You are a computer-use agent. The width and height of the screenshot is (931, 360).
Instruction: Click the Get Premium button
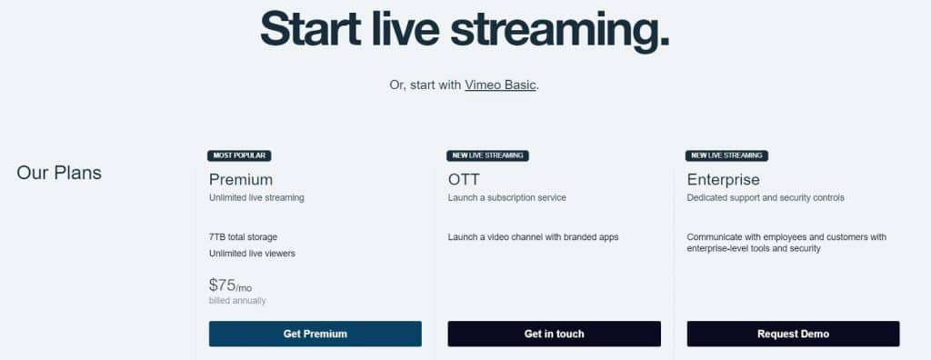315,334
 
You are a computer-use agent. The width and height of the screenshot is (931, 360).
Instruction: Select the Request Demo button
793,334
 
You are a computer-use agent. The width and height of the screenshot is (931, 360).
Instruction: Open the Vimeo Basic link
500,85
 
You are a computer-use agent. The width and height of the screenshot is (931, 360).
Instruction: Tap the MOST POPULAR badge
239,155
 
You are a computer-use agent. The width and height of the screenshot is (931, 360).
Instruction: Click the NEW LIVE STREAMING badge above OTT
487,155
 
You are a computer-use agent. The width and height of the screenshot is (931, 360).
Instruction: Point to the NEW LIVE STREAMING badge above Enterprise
726,155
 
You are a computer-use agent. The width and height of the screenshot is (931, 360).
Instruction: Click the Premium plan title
241,179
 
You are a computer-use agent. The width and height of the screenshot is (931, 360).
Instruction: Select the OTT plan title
465,179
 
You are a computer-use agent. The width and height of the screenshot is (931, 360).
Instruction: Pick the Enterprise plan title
724,179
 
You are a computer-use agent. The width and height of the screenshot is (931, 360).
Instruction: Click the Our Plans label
59,173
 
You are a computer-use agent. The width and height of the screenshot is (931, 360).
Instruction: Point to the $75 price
223,285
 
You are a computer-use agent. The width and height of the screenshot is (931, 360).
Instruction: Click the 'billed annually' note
237,301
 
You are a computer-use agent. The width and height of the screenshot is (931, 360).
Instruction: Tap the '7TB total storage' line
243,237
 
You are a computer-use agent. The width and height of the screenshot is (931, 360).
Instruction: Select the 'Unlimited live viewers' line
252,254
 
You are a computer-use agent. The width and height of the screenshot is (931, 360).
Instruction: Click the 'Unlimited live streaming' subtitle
256,197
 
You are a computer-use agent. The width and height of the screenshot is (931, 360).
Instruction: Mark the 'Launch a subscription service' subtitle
506,197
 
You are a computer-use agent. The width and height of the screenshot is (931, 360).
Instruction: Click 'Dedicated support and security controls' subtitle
766,197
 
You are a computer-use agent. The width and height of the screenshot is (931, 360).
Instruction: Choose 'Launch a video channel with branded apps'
533,237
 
